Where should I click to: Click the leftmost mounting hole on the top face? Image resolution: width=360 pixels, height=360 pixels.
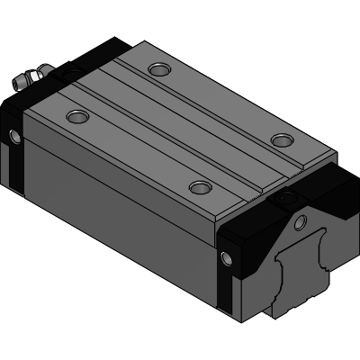click(x=76, y=116)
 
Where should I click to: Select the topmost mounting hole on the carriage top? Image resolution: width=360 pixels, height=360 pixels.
click(x=159, y=69)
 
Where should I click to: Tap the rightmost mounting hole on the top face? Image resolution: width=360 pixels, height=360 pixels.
click(x=282, y=139)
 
